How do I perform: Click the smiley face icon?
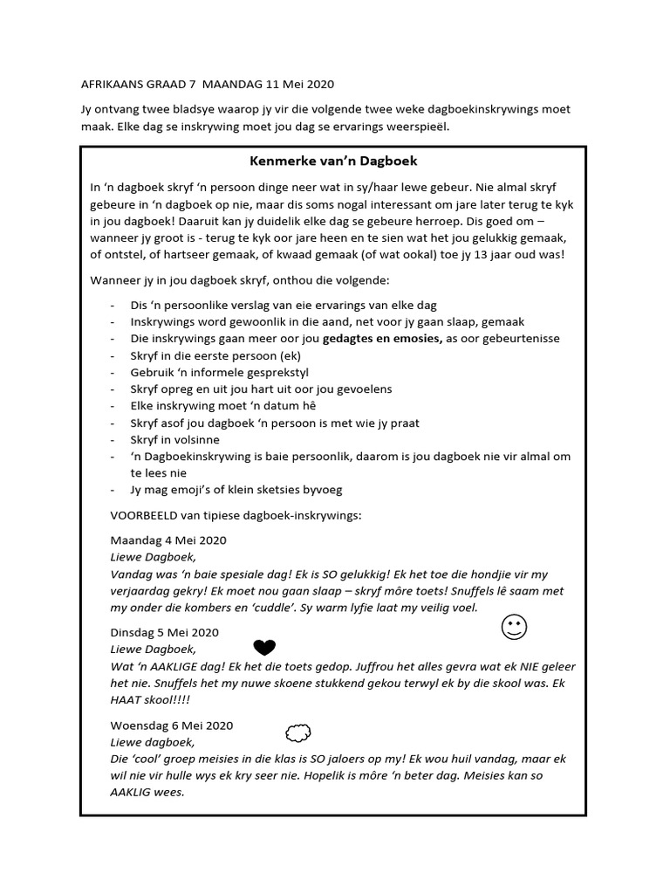[x=515, y=627]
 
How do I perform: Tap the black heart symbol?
[x=263, y=647]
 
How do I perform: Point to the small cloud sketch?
[x=298, y=732]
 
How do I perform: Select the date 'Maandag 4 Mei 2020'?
[x=168, y=540]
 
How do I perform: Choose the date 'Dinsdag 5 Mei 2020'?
[x=164, y=632]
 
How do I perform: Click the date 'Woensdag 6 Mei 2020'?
[x=172, y=725]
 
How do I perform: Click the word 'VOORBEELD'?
[x=141, y=514]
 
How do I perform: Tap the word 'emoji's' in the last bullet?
[x=195, y=490]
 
